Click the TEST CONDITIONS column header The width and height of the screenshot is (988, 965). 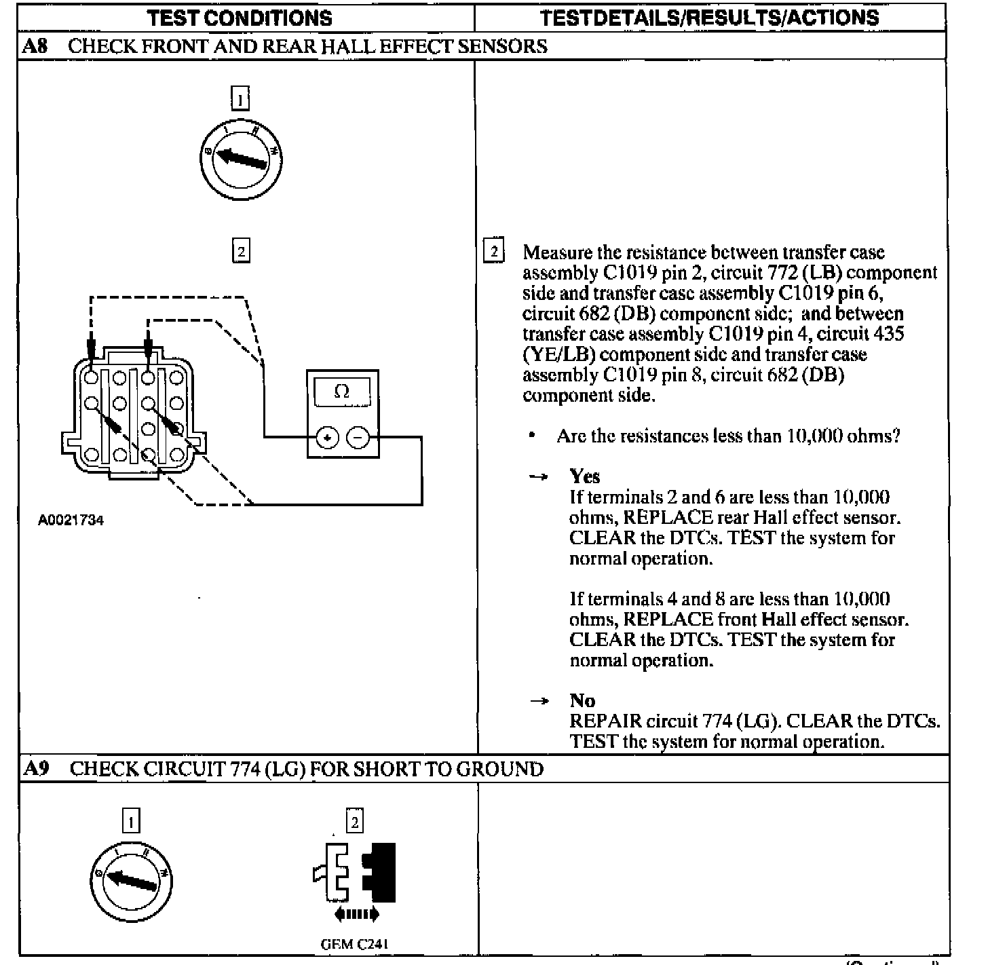240,17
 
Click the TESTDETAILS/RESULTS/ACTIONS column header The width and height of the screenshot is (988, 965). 709,17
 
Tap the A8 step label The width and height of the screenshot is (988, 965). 35,46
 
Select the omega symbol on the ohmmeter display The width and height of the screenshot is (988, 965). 342,392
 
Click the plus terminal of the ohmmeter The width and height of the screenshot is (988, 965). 328,438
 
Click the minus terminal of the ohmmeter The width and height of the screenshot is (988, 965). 358,438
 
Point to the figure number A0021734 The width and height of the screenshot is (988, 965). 71,521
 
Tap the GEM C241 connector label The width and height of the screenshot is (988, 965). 354,944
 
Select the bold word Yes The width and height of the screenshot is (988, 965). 584,476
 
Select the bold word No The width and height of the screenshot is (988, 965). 582,700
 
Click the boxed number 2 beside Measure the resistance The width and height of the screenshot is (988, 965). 493,252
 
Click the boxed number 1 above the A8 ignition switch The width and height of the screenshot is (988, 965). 240,99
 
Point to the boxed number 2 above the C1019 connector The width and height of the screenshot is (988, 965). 241,251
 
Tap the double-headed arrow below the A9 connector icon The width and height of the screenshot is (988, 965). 356,914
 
